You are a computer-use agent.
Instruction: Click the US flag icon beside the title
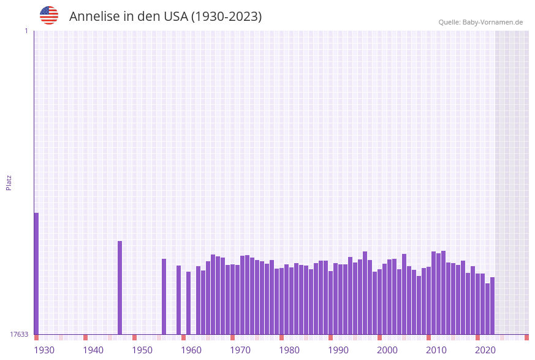coord(49,15)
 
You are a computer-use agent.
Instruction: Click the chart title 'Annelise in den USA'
coord(165,17)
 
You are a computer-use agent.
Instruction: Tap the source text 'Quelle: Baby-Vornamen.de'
coord(480,22)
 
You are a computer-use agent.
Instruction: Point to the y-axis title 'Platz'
coord(9,182)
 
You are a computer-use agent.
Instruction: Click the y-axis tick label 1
coord(26,31)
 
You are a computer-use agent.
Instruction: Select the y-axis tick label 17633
coord(19,334)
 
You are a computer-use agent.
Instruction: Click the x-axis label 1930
coord(44,350)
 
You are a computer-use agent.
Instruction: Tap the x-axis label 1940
coord(93,350)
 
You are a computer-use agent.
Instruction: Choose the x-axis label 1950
coord(142,350)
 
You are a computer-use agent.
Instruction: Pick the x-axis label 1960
coord(191,350)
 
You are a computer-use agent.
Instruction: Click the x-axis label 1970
coord(240,350)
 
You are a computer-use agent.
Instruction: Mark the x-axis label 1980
coord(289,350)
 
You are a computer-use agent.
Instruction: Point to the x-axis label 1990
coord(338,350)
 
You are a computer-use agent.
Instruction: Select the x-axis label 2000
coord(387,350)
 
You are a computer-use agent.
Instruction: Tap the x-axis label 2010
coord(436,350)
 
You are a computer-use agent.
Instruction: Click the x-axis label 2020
coord(485,350)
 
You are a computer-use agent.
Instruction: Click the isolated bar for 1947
coord(120,288)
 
